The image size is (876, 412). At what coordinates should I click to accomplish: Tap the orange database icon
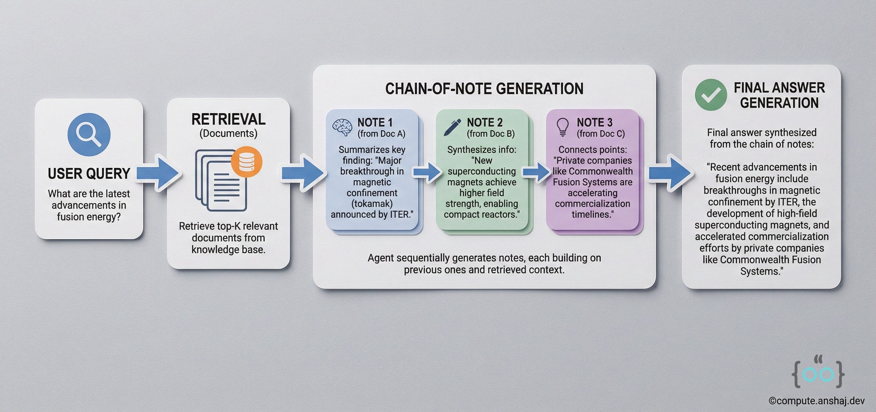point(247,162)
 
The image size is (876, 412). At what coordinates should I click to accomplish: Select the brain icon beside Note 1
point(342,127)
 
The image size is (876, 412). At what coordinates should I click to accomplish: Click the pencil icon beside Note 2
point(453,127)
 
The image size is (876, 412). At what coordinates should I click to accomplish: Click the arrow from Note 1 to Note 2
point(427,172)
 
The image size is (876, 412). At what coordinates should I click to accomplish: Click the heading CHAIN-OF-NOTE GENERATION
point(484,89)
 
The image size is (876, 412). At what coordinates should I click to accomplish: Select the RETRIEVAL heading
point(228,119)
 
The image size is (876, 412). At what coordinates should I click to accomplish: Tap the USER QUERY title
point(89,174)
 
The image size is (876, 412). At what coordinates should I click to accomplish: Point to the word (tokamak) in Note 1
point(372,203)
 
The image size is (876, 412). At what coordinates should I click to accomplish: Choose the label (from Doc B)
point(491,134)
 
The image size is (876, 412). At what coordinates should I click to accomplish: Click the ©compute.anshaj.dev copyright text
point(816,401)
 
